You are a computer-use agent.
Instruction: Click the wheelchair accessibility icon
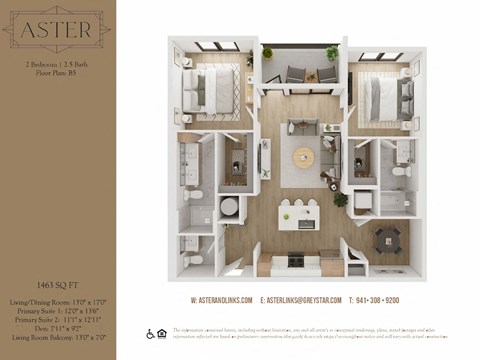pyautogui.click(x=150, y=334)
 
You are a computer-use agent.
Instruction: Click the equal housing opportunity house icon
pyautogui.click(x=161, y=334)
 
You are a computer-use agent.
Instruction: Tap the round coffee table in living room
pyautogui.click(x=303, y=157)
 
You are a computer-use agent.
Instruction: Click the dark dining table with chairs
pyautogui.click(x=386, y=239)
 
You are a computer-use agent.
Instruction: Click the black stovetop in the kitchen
pyautogui.click(x=297, y=260)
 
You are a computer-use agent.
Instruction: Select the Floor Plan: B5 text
pyautogui.click(x=56, y=73)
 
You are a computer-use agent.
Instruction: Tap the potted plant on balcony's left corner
pyautogui.click(x=267, y=53)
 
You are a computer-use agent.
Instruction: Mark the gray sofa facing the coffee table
pyautogui.click(x=302, y=127)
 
